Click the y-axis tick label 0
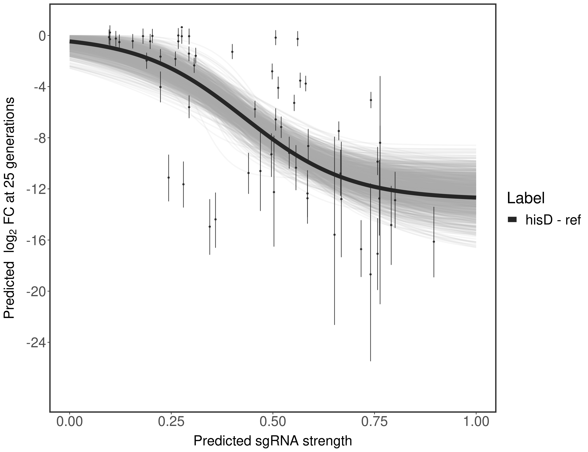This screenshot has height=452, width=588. [42, 36]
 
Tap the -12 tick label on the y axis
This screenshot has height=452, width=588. [35, 189]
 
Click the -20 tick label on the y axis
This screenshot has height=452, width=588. [35, 291]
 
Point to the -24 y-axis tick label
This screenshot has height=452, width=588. [35, 342]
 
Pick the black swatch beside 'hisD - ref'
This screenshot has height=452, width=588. [512, 220]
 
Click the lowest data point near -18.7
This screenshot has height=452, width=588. [370, 274]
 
